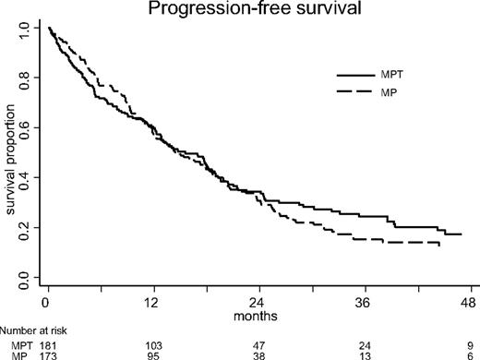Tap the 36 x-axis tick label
tap(361, 301)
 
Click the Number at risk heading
tap(34, 328)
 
